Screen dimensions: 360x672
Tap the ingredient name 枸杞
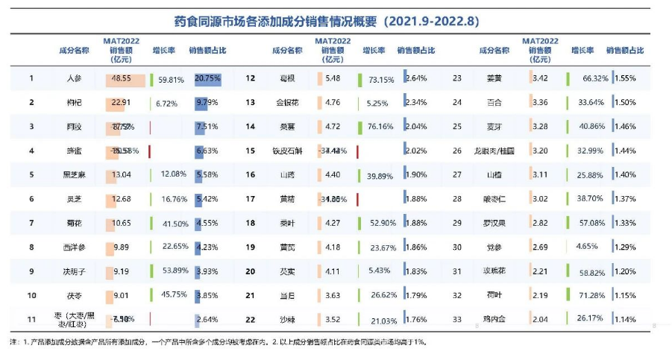(75, 102)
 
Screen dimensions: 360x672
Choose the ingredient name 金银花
(284, 102)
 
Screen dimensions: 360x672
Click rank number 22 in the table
(251, 319)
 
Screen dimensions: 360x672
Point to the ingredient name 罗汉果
(494, 222)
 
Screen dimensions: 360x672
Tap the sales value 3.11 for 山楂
(541, 174)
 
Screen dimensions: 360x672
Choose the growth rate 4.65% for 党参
(588, 247)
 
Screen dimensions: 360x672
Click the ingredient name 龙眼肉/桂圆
(494, 151)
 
